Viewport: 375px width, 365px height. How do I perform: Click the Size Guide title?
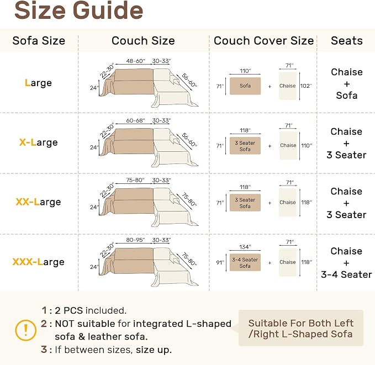point(78,10)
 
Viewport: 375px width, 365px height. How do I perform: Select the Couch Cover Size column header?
point(263,41)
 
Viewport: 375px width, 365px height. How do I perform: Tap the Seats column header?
point(347,41)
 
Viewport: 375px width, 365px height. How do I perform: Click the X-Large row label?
point(39,142)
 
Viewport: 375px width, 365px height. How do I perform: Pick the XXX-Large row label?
point(39,262)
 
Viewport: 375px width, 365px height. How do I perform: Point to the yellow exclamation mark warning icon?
point(25,330)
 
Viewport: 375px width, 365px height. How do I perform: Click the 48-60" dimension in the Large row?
point(136,61)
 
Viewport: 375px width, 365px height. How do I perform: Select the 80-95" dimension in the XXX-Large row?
point(136,240)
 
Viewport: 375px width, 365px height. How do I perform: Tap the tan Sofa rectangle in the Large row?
point(245,86)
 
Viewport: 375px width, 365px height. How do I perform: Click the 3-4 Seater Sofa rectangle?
point(245,262)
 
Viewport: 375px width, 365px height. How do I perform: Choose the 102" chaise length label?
point(306,86)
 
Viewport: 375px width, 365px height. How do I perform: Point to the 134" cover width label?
point(245,247)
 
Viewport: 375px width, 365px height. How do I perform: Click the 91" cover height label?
point(220,262)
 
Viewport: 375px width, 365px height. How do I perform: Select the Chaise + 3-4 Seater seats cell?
point(346,263)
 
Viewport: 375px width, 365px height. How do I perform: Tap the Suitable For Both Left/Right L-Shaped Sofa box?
point(301,328)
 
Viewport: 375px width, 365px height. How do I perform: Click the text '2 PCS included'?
point(91,310)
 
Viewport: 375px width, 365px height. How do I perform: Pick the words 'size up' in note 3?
point(154,350)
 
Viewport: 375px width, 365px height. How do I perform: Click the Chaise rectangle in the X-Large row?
point(288,145)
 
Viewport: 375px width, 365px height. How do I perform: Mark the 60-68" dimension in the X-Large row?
point(136,120)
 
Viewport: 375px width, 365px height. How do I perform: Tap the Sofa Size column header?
point(39,41)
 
